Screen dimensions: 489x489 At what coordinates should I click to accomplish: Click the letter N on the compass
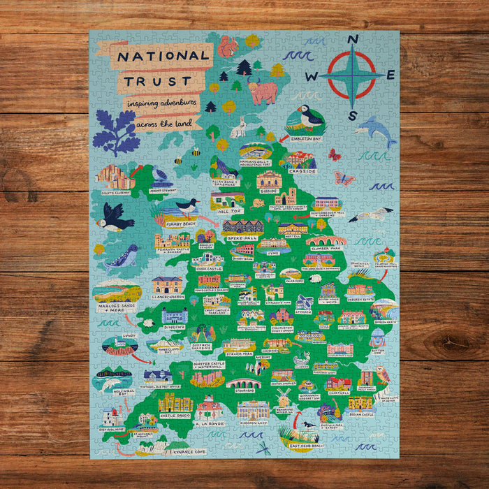pyautogui.click(x=353, y=40)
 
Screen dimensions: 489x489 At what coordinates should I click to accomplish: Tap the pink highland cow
pyautogui.click(x=262, y=92)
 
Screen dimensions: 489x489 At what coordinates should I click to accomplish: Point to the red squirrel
pyautogui.click(x=228, y=48)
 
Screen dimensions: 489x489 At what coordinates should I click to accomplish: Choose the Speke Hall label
pyautogui.click(x=240, y=237)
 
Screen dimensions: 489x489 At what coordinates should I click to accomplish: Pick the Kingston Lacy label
pyautogui.click(x=253, y=423)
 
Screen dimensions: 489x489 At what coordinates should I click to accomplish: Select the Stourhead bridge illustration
pyautogui.click(x=244, y=384)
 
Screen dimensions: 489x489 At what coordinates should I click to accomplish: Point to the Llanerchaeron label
pyautogui.click(x=168, y=295)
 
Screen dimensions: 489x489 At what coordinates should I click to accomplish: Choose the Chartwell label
pyautogui.click(x=338, y=392)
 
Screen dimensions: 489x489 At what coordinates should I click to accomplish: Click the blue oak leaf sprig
pyautogui.click(x=115, y=132)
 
